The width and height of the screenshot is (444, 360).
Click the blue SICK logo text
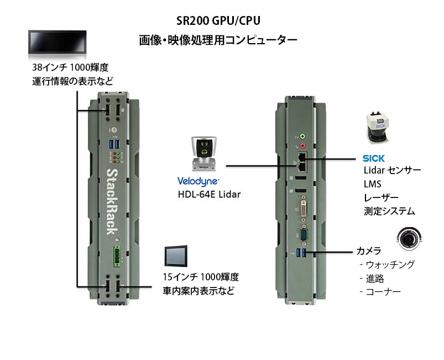click(374, 158)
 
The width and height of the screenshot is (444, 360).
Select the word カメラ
click(368, 252)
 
